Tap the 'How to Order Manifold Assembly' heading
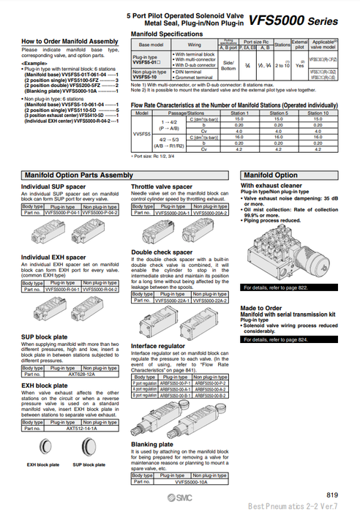coord(70,41)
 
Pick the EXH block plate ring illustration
coord(42,445)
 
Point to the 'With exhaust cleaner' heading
coord(271,187)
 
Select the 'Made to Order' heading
coord(261,308)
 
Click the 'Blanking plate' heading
coord(152,444)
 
